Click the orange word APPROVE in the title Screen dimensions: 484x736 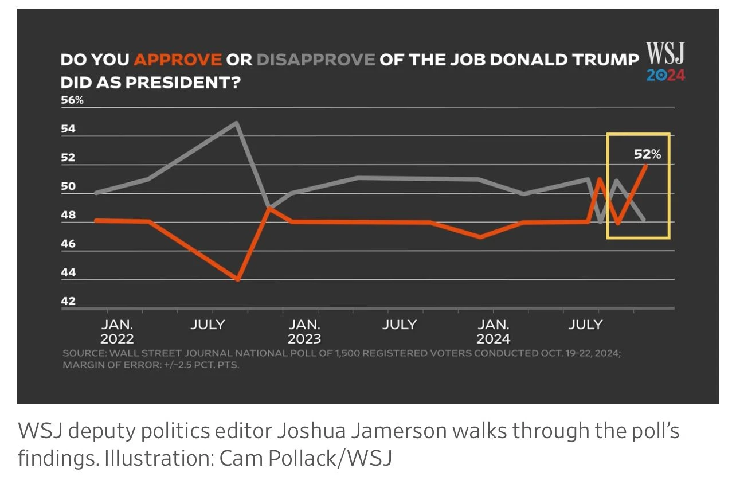[x=177, y=60]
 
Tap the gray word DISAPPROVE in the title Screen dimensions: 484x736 [x=316, y=60]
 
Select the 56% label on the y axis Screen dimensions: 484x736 [x=72, y=100]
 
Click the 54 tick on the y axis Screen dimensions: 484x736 [x=68, y=129]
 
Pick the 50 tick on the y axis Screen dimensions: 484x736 [x=68, y=186]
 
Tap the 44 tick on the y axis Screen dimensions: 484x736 [x=68, y=272]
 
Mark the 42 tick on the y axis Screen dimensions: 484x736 [x=68, y=301]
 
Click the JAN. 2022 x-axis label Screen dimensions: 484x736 [x=117, y=331]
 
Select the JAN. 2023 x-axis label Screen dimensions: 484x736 [x=304, y=331]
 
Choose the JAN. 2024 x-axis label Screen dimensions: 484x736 [x=493, y=331]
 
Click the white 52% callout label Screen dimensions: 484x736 [x=648, y=154]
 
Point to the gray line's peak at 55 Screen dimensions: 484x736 [x=236, y=122]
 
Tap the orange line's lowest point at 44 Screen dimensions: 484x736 [x=237, y=279]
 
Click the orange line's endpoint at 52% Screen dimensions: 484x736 [x=646, y=165]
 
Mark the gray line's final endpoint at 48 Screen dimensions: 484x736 [x=645, y=220]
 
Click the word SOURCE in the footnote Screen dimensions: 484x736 [x=81, y=353]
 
